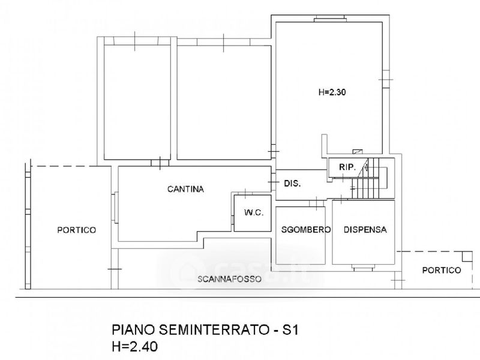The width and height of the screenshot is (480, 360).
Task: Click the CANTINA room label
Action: [x=185, y=189]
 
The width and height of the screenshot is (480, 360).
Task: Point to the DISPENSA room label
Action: [x=365, y=229]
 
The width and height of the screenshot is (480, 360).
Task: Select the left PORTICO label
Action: [x=76, y=229]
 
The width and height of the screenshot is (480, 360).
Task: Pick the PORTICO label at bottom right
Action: [x=441, y=270]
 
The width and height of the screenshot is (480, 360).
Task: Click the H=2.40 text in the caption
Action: [x=136, y=346]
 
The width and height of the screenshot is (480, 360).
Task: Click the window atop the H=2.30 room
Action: [x=328, y=20]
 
